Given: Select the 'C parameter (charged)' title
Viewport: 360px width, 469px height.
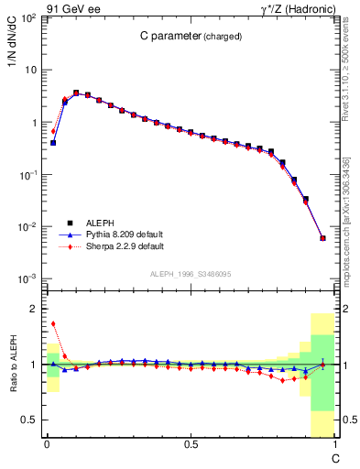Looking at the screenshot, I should coord(191,37).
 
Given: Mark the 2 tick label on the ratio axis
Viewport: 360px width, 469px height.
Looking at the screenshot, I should coord(34,310).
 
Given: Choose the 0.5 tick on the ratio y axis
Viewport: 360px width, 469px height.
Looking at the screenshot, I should coord(29,420).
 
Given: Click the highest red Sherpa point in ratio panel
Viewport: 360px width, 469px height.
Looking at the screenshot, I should coord(53,323).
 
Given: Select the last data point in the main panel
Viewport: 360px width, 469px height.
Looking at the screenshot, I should coord(322,238).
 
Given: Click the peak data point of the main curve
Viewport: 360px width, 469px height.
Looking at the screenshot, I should coord(76,93).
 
